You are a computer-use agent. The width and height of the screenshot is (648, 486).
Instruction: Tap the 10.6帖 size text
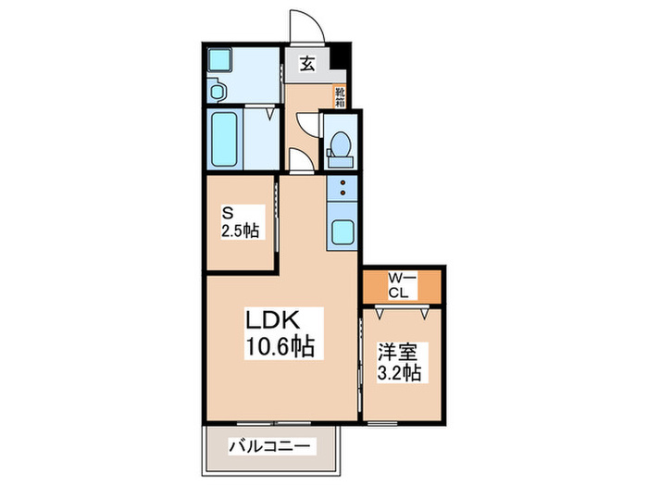[279, 348]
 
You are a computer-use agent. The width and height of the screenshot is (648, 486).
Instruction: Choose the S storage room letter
[224, 211]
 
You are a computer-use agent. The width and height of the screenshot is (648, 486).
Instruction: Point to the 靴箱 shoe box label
[340, 97]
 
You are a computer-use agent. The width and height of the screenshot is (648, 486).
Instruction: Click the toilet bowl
[340, 148]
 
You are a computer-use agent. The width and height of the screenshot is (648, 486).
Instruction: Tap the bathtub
[225, 140]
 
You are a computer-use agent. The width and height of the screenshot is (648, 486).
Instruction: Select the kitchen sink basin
[343, 232]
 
